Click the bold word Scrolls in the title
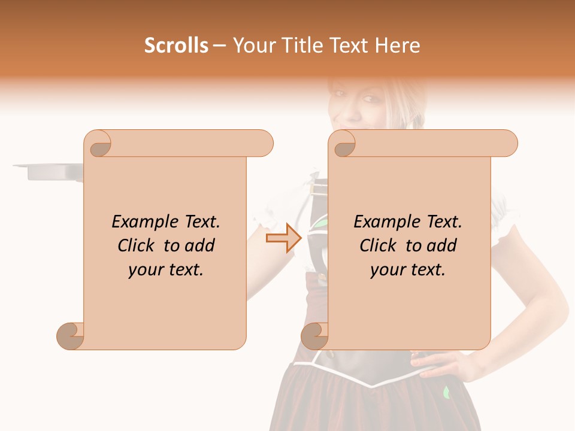point(177,45)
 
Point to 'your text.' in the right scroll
point(408,270)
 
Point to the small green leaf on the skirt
point(446,393)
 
